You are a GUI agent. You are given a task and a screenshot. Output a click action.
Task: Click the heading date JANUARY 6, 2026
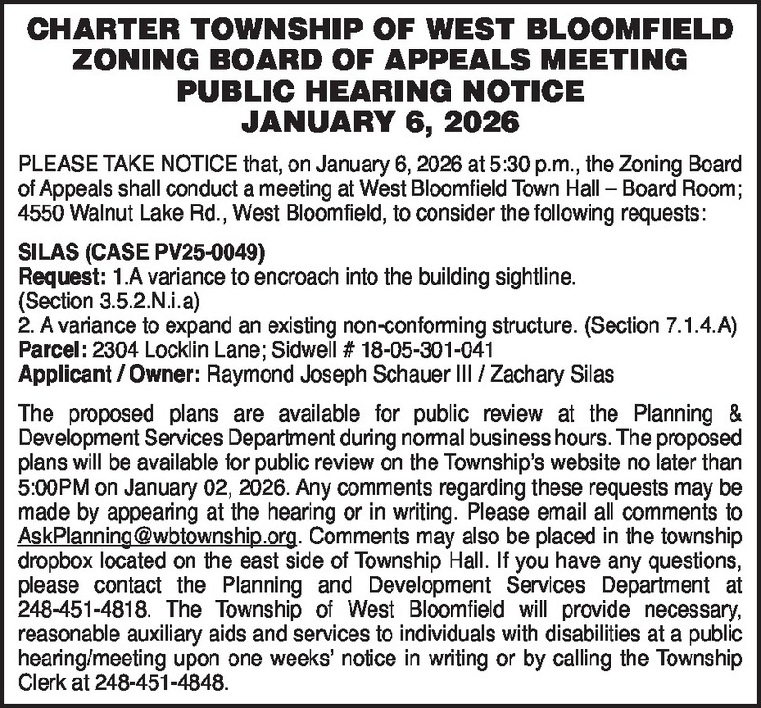coord(380,122)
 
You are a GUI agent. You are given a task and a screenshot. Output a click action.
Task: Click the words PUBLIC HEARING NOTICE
coord(380,92)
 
